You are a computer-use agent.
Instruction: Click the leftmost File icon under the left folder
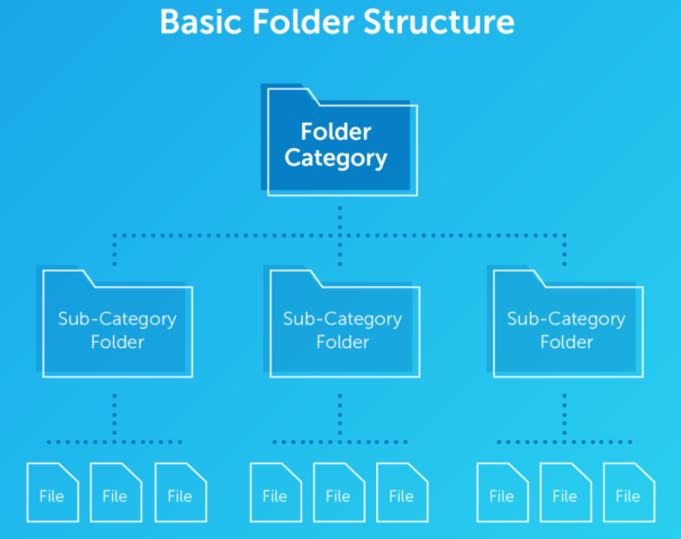coord(52,492)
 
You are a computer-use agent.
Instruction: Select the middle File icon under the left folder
coord(115,492)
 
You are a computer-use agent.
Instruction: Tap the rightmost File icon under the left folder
coord(180,492)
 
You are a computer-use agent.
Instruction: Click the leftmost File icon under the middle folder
coord(274,492)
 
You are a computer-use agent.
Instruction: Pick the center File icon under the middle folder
coord(338,492)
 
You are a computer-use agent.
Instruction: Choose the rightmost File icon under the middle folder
coord(402,492)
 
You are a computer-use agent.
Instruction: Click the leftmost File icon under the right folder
coord(501,492)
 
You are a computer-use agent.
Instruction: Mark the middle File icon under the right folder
coord(565,492)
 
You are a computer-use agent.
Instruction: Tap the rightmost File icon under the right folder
coord(628,492)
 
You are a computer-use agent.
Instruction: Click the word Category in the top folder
coord(336,158)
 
